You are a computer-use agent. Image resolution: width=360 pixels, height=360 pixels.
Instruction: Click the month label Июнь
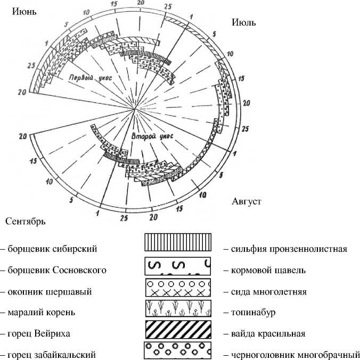coord(24,11)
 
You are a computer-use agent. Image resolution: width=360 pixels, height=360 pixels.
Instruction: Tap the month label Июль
coord(244,22)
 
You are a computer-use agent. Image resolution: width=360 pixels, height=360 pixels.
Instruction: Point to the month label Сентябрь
coord(26,220)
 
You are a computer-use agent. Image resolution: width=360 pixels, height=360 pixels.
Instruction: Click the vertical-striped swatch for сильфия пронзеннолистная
coord(178,243)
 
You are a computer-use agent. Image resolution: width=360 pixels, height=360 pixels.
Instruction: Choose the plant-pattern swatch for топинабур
coord(178,309)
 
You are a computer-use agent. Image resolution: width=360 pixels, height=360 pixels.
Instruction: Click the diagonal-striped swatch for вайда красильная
coord(178,330)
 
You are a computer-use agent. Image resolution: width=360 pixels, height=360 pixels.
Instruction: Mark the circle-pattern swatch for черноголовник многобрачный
coord(178,350)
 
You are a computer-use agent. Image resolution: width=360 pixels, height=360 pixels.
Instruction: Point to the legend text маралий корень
coord(45,313)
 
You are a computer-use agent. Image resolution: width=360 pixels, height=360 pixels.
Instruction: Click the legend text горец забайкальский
coord(51,355)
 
